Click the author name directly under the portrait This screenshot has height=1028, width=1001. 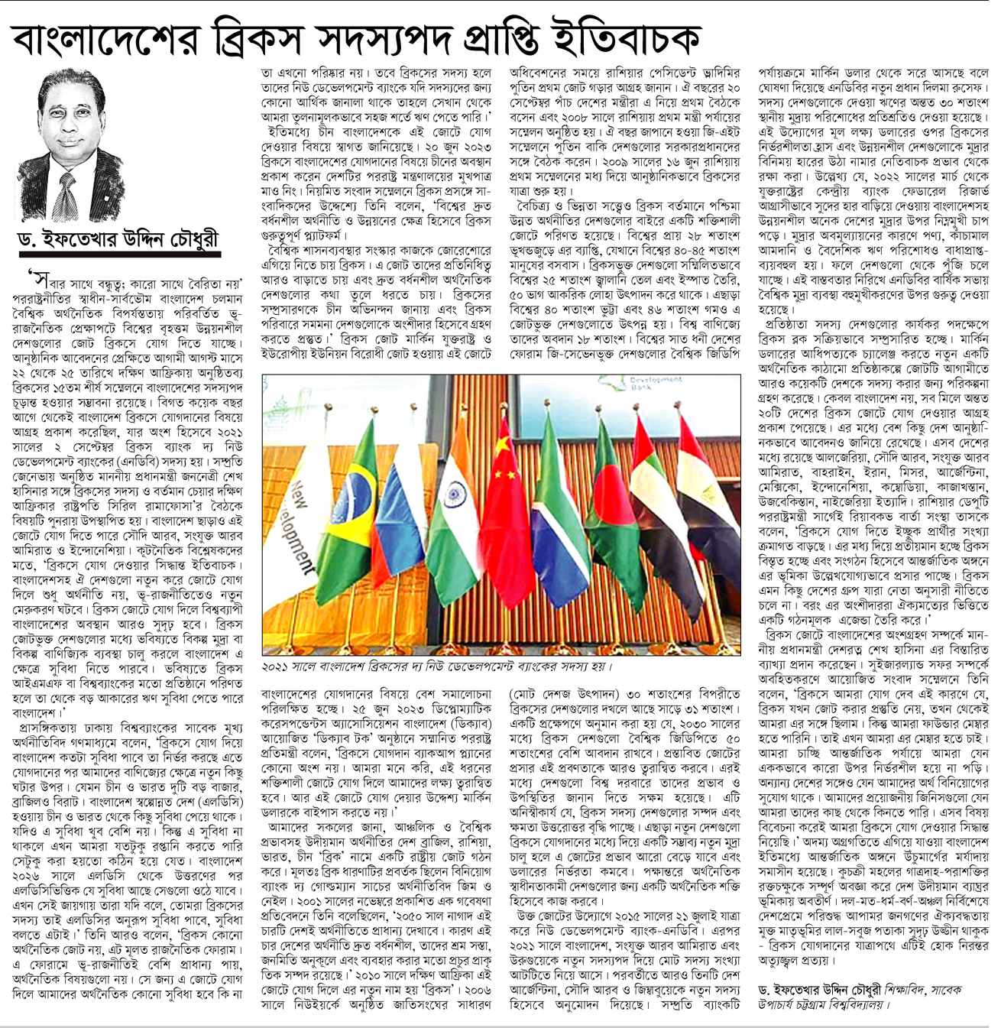[x=118, y=239]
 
